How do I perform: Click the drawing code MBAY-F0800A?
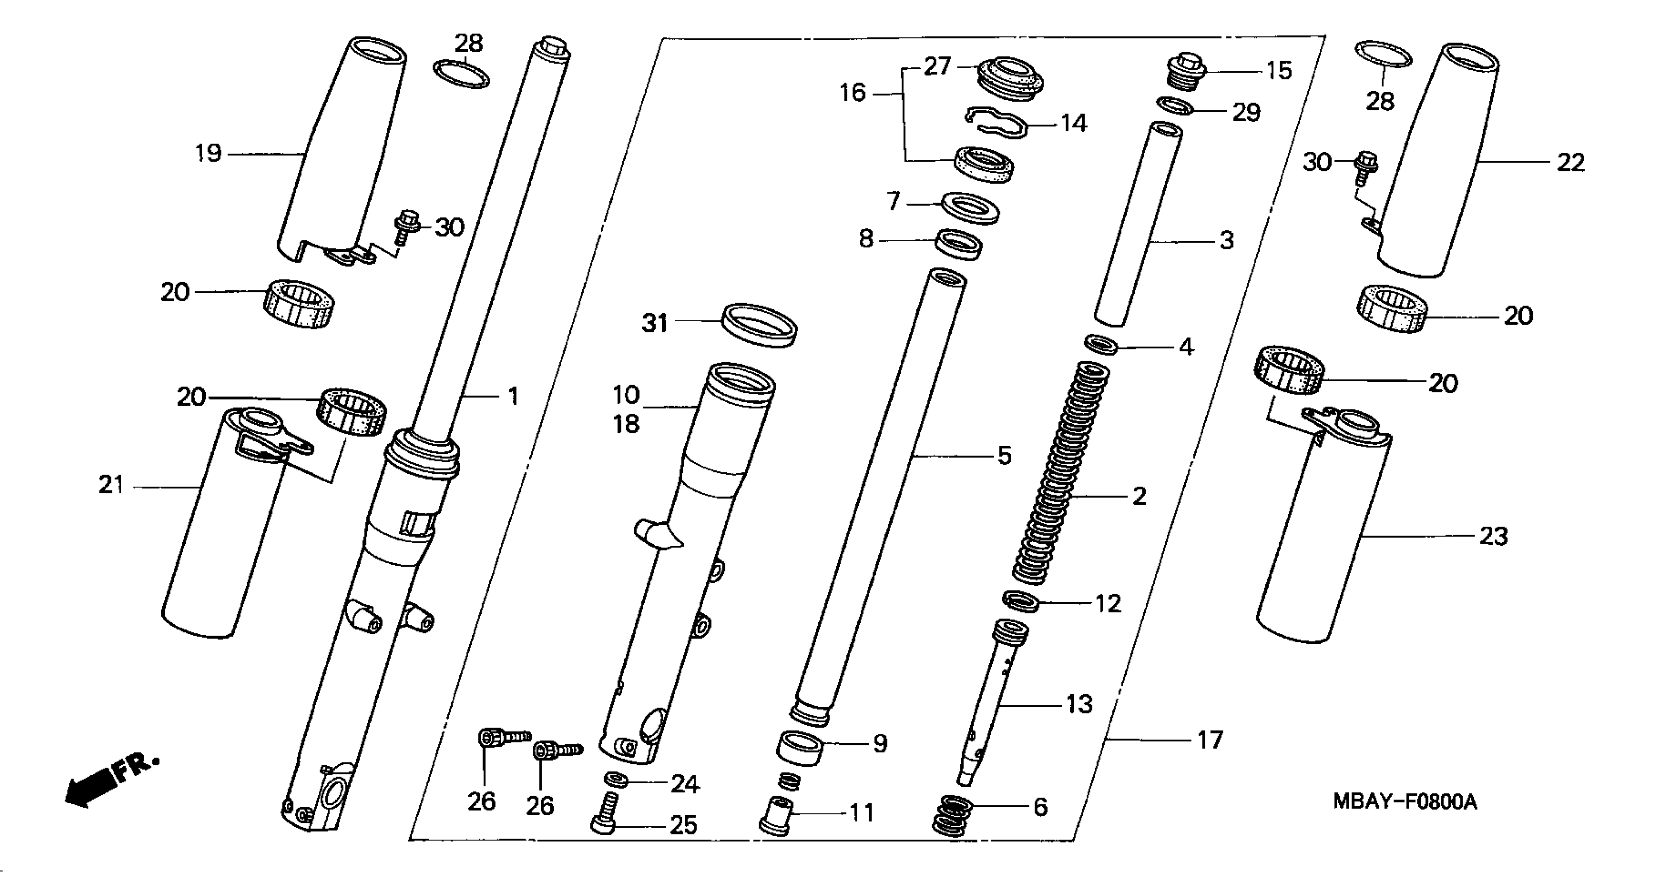point(1404,801)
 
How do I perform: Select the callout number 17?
point(1210,740)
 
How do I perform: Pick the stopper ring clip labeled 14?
point(995,121)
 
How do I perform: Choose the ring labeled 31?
point(760,324)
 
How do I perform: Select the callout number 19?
point(208,153)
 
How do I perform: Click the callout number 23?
point(1493,537)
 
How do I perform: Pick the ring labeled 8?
point(958,243)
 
